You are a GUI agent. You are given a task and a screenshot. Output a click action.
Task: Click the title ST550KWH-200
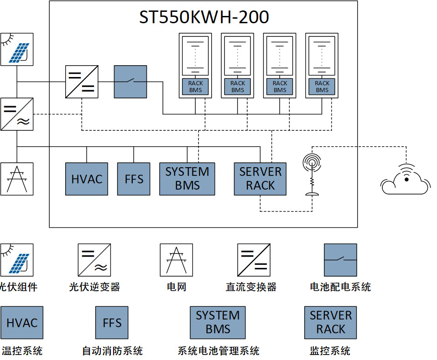click(204, 17)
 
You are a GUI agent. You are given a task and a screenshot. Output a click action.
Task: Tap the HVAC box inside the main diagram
click(87, 179)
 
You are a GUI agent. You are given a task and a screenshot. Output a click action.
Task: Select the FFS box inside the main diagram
click(134, 179)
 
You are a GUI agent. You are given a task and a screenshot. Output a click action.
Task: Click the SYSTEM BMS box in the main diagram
click(187, 179)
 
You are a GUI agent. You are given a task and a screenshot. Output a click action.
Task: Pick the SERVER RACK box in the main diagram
click(260, 179)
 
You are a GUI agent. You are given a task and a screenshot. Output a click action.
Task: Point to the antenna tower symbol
click(312, 175)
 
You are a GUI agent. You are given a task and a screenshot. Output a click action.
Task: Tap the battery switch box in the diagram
click(130, 82)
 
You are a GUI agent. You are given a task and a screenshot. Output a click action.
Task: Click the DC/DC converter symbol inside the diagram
click(82, 82)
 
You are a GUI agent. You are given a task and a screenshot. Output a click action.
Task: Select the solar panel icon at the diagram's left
click(17, 49)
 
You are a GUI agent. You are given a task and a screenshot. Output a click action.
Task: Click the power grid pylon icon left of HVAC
click(17, 179)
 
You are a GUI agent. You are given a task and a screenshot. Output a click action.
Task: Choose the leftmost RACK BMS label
click(196, 87)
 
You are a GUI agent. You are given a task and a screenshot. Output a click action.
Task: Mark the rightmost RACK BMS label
click(322, 87)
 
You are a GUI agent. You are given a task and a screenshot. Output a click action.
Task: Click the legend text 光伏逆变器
click(94, 287)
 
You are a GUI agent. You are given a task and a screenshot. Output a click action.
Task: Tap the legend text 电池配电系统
click(340, 287)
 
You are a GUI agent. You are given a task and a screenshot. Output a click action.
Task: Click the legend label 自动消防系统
click(112, 351)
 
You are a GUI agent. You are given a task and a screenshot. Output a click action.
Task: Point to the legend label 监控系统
click(330, 351)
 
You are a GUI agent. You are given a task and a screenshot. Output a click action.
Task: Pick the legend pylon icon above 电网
click(176, 260)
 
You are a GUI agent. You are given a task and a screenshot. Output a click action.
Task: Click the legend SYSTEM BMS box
click(218, 323)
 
